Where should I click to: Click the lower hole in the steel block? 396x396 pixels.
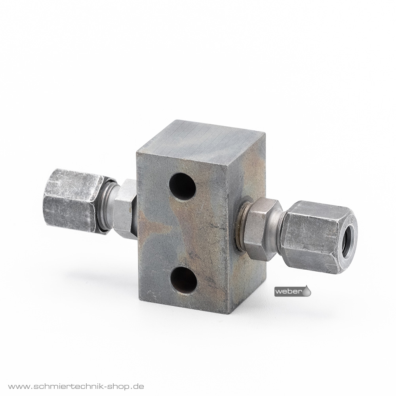click(184, 280)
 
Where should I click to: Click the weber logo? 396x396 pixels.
click(293, 291)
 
